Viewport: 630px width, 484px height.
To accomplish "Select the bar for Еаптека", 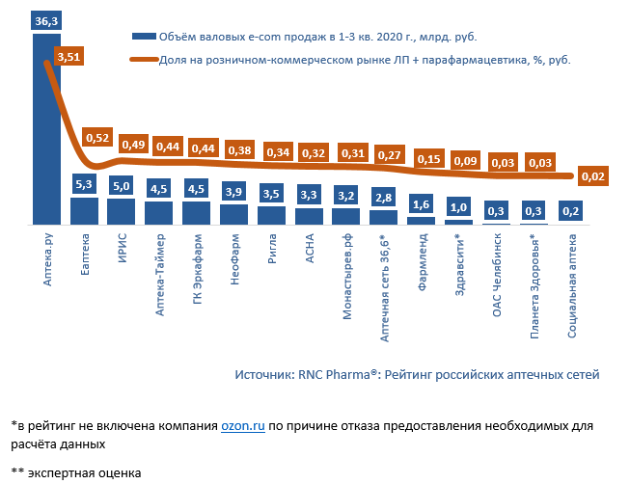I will (84, 211).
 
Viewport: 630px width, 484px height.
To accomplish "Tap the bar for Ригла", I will (271, 215).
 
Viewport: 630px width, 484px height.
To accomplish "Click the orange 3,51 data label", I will (69, 57).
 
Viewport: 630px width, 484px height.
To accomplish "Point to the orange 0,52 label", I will (96, 138).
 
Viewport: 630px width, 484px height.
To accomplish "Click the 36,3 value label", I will (45, 20).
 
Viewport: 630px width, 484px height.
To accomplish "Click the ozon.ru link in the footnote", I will (243, 425).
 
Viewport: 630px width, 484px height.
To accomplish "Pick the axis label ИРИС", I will (122, 249).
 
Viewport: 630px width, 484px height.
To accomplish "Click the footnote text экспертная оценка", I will (84, 473).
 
